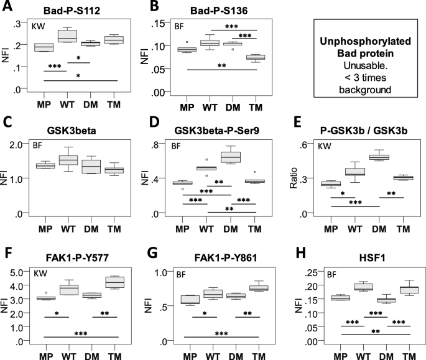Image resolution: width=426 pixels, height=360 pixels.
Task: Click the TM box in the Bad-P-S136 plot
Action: pos(256,57)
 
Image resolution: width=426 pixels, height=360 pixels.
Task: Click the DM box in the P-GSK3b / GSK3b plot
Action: pos(375,156)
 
